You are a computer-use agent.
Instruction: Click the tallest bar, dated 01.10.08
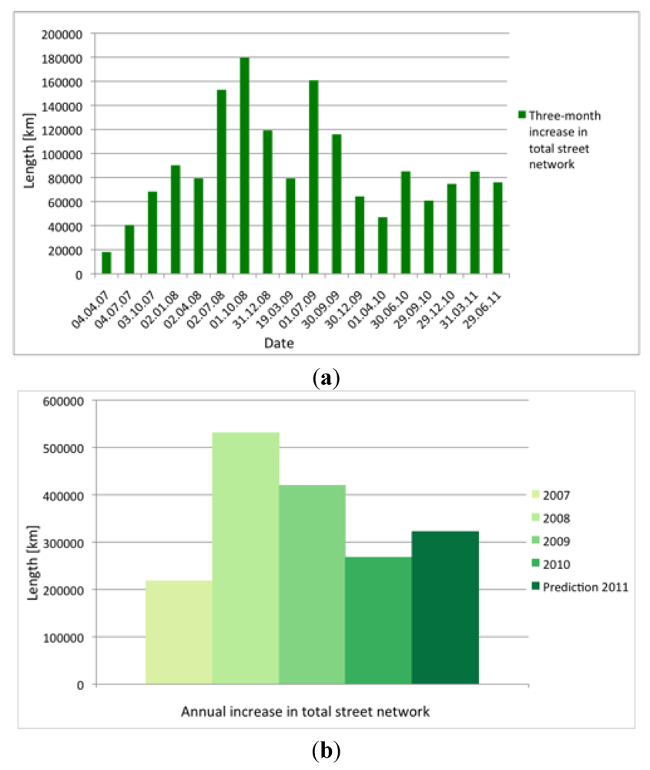pos(244,166)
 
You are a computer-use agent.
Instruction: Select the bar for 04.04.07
pos(106,263)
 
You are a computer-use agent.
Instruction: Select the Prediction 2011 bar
pos(445,608)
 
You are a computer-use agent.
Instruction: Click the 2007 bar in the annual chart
pos(179,632)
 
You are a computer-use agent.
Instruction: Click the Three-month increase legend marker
pos(521,115)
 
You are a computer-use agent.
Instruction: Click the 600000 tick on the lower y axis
pos(65,400)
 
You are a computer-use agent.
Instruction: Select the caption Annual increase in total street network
pos(305,711)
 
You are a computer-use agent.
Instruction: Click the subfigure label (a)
pos(324,377)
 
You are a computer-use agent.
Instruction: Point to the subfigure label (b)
pos(324,749)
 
